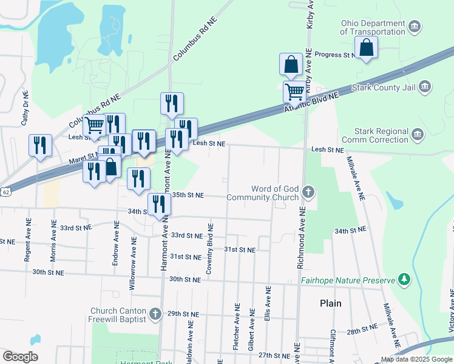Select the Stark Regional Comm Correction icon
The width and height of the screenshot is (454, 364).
tap(416, 134)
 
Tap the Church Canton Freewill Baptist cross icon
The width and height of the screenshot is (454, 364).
tap(155, 314)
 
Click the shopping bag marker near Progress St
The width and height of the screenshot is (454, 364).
tap(367, 47)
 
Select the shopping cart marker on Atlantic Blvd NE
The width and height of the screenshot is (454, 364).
tap(294, 91)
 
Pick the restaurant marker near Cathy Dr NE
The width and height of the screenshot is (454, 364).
tap(40, 146)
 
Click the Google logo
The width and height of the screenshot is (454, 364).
tap(20, 357)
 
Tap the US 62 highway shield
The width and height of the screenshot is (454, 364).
tap(5, 192)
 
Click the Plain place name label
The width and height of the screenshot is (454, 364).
tap(331, 303)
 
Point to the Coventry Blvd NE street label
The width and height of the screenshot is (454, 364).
tap(209, 249)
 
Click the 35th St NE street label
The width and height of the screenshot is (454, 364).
tap(188, 195)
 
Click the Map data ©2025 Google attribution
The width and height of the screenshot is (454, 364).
tap(416, 359)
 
